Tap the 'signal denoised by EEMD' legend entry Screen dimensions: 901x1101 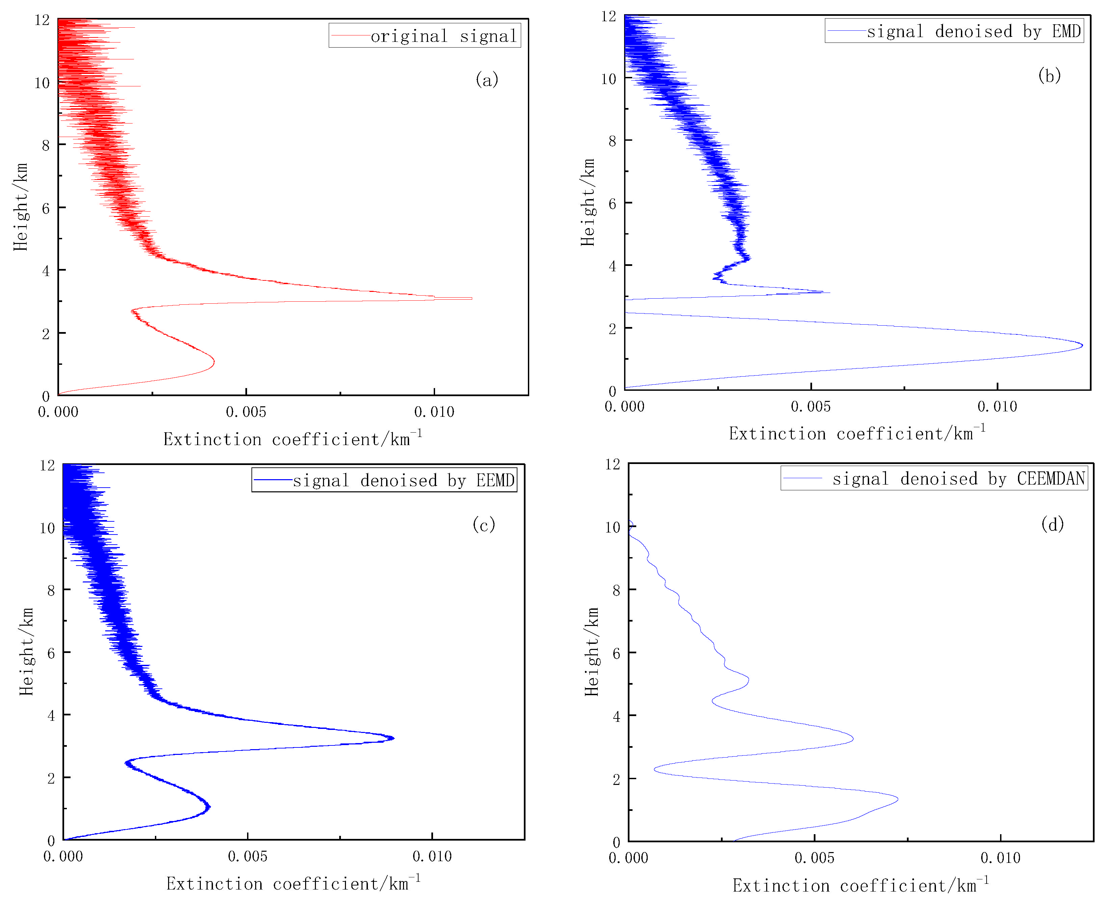[x=403, y=480]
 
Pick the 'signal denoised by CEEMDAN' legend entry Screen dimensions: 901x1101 [x=958, y=478]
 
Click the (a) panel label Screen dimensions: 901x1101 [x=486, y=79]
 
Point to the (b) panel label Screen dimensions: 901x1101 [x=1049, y=76]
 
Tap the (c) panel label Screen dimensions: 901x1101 [x=483, y=525]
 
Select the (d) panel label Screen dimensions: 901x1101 [x=1052, y=524]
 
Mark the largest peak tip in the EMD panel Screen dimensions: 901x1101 [x=1082, y=345]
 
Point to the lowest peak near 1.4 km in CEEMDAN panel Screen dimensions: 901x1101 [x=897, y=799]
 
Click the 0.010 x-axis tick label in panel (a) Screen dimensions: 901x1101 [x=434, y=412]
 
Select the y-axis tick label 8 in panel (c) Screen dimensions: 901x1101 [x=51, y=590]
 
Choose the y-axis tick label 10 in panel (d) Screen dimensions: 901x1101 [x=613, y=527]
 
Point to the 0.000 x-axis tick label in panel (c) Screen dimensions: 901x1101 [x=63, y=856]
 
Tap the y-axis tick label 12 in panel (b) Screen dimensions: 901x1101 [x=608, y=17]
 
